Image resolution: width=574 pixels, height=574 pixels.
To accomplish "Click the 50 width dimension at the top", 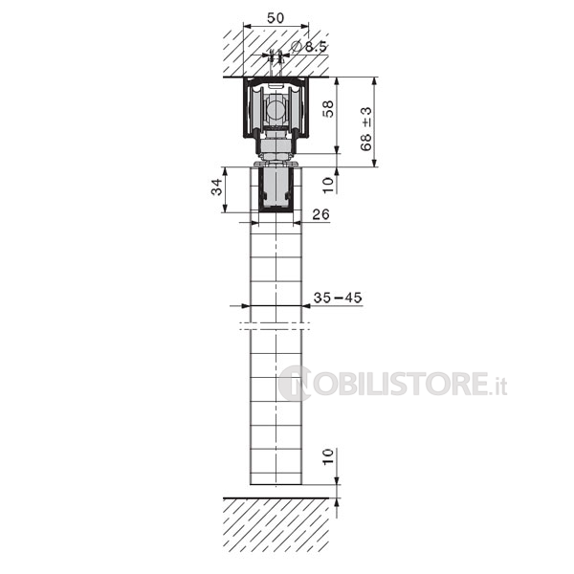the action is (x=276, y=17).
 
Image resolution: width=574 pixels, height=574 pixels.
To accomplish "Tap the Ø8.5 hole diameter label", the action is (x=309, y=47).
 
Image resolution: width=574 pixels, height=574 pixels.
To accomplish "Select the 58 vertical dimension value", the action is (x=329, y=109).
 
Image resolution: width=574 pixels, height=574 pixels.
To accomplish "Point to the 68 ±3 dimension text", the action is (x=365, y=129).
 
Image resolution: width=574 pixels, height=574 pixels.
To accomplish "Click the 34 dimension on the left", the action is (x=217, y=188).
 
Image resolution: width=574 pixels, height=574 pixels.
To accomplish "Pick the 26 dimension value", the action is (x=321, y=214).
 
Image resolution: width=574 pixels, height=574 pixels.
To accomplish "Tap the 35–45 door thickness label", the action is (x=338, y=298).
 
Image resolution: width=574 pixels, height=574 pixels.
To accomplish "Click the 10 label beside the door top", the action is (x=328, y=185).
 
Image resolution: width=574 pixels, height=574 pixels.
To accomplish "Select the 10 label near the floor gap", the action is (x=328, y=456).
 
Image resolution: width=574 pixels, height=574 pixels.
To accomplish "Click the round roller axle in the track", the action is (x=276, y=109).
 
